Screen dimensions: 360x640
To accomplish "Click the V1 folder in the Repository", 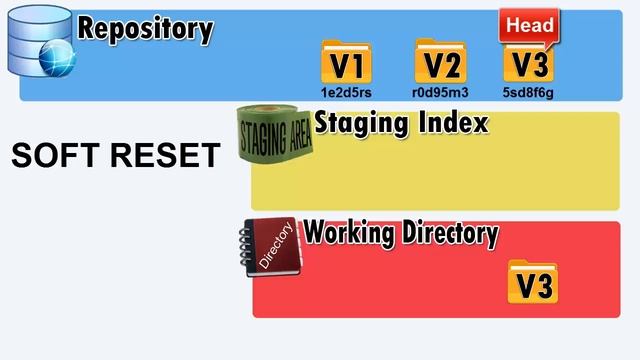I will coord(346,64).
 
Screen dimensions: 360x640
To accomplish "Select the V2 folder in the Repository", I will coord(440,64).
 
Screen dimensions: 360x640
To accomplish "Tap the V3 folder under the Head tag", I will coord(530,64).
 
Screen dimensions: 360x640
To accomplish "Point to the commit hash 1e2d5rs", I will coord(346,92).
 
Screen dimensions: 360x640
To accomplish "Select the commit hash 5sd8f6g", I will coord(530,92).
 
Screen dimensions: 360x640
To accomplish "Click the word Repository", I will coord(146,29).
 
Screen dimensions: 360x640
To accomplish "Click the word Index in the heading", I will coord(456,124).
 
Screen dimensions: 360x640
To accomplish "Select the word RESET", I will coord(165,156).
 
